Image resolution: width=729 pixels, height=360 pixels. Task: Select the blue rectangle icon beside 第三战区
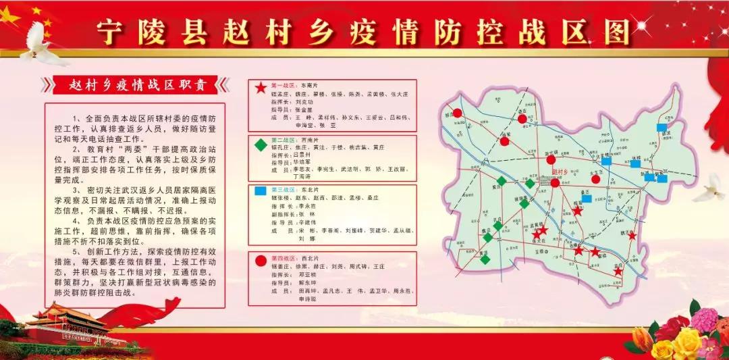(x=260, y=191)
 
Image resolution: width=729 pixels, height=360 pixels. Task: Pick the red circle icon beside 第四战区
(x=260, y=259)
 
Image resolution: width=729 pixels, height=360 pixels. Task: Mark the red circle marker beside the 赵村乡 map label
(x=555, y=182)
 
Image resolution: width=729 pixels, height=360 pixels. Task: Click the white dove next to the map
(x=709, y=188)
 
